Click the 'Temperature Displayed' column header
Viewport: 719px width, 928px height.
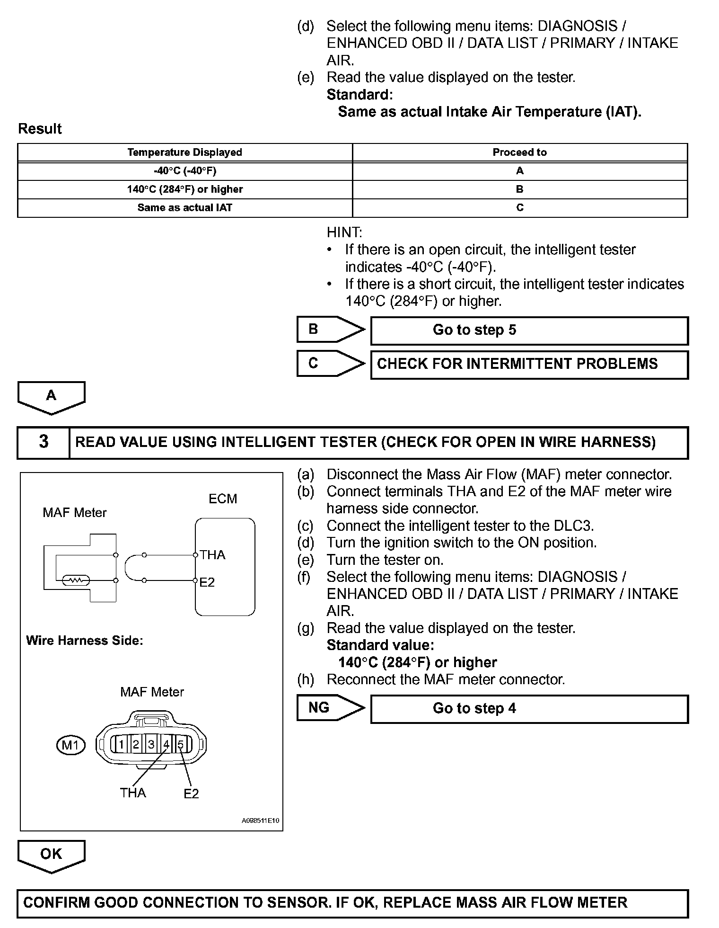(184, 152)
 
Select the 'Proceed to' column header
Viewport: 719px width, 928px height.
(519, 152)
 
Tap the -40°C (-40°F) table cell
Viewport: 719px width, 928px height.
(184, 171)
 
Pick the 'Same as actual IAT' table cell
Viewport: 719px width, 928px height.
(184, 208)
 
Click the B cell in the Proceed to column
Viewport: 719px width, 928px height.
(519, 189)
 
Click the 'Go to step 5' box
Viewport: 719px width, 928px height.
(529, 330)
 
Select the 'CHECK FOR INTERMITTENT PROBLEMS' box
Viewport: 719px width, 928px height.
(529, 364)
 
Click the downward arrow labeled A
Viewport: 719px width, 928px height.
(51, 397)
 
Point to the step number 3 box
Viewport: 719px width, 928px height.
(44, 442)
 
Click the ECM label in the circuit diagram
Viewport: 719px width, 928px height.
(223, 499)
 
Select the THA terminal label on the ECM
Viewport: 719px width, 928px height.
(212, 555)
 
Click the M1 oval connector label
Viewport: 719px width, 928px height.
(70, 746)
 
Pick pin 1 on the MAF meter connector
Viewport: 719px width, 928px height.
(121, 745)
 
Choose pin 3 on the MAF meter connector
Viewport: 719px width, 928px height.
(151, 745)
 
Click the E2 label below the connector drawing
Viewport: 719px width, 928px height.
(191, 794)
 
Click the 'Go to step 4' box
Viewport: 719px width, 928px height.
(529, 709)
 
